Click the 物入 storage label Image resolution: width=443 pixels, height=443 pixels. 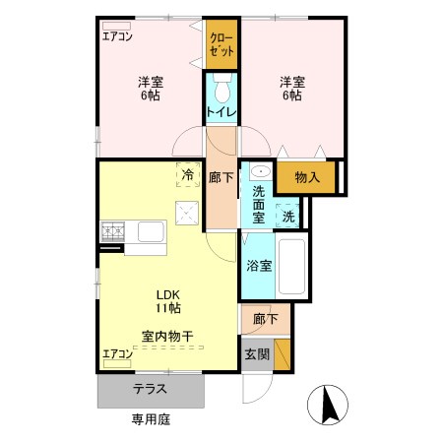[x=306, y=178]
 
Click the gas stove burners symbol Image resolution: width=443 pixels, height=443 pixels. [x=111, y=232]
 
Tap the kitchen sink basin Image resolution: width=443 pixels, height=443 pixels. [x=152, y=232]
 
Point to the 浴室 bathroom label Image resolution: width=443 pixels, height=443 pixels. [x=258, y=265]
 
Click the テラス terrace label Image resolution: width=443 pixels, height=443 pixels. [x=150, y=389]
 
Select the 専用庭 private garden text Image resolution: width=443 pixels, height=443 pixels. [x=152, y=418]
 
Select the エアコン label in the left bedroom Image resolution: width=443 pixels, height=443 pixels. [x=119, y=38]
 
